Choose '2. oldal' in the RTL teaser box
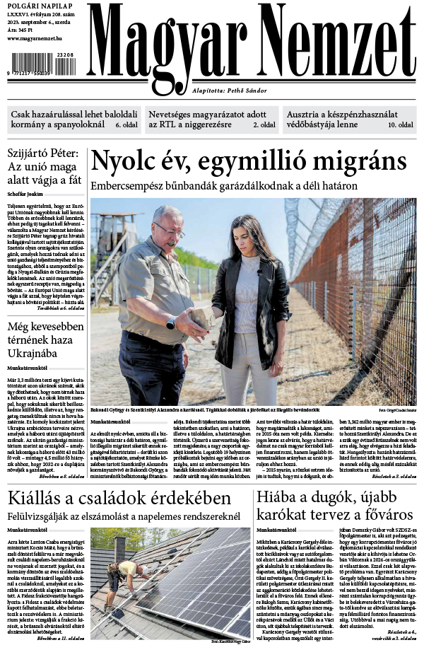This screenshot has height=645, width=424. (264, 125)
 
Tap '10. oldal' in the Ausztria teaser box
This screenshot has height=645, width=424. (400, 125)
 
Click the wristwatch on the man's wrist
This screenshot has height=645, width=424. (171, 322)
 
